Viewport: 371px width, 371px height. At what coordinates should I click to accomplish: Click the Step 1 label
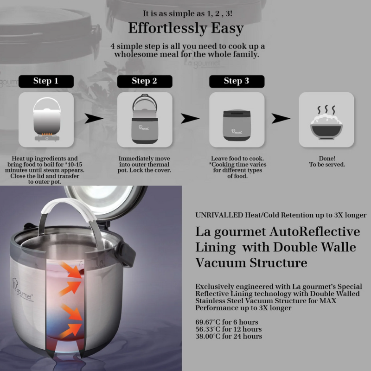(45, 81)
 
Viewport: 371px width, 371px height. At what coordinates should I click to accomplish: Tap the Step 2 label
(144, 81)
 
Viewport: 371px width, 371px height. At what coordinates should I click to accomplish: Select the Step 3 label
(237, 81)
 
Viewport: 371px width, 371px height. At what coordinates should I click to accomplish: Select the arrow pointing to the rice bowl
(281, 119)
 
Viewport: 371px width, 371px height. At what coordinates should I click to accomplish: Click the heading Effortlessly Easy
(185, 28)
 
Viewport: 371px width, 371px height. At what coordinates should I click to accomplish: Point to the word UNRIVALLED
(219, 216)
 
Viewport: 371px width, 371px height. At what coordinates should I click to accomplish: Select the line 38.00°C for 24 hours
(229, 336)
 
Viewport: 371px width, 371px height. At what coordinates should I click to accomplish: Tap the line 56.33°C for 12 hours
(229, 329)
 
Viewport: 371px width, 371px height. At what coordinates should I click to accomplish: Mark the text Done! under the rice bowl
(327, 159)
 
